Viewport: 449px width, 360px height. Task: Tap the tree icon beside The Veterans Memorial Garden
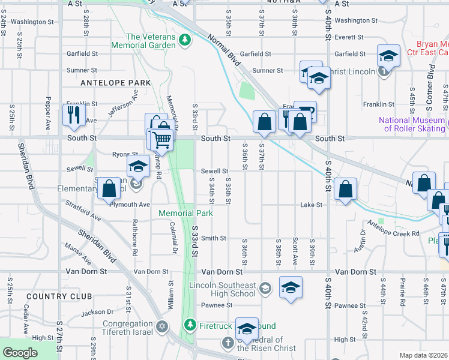[x=185, y=40]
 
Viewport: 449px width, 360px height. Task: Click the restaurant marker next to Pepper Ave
[x=74, y=114]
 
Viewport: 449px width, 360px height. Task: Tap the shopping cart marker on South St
[x=161, y=139]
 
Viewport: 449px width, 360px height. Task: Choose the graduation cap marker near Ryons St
[x=138, y=166]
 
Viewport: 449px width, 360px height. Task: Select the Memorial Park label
[x=185, y=213]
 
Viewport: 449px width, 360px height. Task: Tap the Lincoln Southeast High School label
[x=222, y=289]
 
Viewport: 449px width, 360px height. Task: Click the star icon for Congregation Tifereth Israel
[x=161, y=326]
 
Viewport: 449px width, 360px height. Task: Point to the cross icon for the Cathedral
[x=228, y=343]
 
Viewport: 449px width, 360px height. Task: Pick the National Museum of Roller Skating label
[x=411, y=124]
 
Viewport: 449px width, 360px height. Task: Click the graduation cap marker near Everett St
[x=388, y=56]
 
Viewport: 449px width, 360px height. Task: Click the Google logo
[x=20, y=353]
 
